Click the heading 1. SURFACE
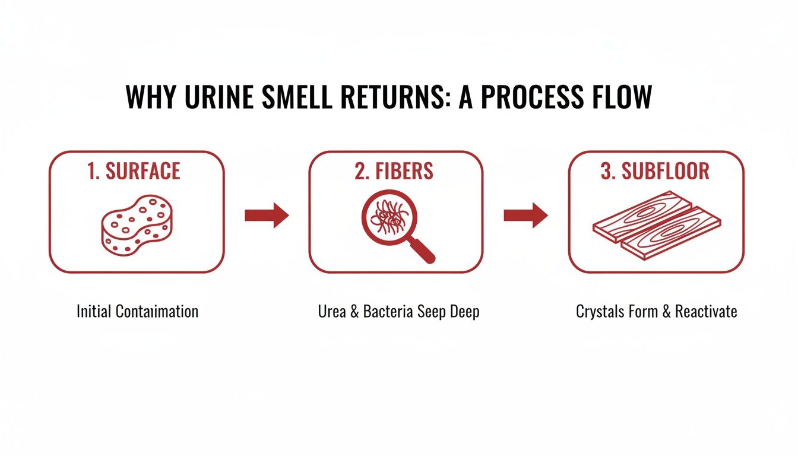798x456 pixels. [134, 171]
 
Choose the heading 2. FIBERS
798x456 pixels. [395, 171]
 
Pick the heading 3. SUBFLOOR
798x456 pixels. [655, 171]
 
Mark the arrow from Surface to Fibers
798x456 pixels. [267, 215]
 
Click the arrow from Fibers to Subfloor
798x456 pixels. [525, 215]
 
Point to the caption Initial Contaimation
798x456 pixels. [137, 311]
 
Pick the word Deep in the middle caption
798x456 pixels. [464, 312]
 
